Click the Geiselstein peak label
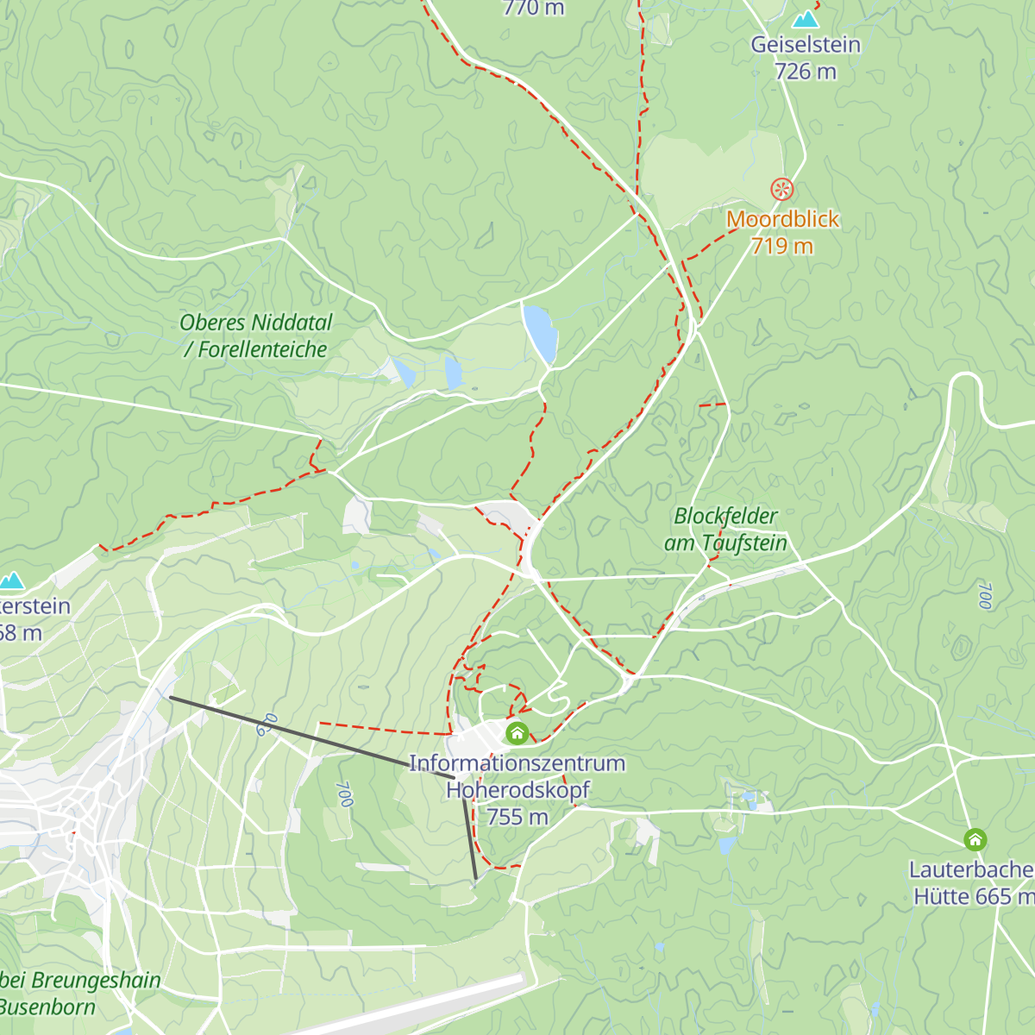(x=805, y=45)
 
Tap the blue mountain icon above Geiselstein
(x=806, y=18)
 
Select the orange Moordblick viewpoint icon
(x=781, y=189)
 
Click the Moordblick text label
(x=782, y=219)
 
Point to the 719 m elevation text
(x=781, y=246)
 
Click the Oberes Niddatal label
(x=255, y=323)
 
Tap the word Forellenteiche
(x=263, y=349)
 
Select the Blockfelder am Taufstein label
(x=725, y=529)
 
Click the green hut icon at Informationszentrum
(x=517, y=734)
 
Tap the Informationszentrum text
(x=517, y=763)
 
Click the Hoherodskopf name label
(x=517, y=789)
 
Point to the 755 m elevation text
(x=517, y=817)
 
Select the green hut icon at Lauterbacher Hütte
(x=975, y=840)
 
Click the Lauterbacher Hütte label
(x=972, y=882)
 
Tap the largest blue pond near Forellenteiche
(x=539, y=332)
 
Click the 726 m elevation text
(x=805, y=72)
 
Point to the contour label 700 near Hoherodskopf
(x=344, y=793)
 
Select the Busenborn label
(x=47, y=1007)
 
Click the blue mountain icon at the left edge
(x=11, y=580)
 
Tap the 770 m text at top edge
(x=533, y=9)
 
